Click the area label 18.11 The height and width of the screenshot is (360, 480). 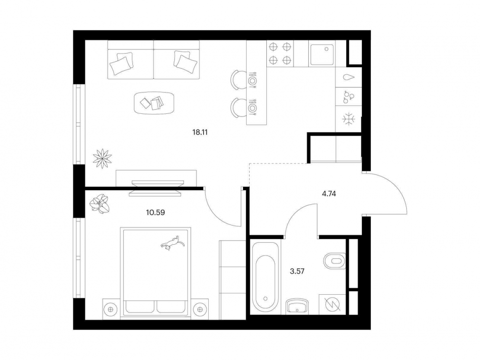pos(200,132)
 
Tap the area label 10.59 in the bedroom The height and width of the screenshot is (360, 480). pos(156,212)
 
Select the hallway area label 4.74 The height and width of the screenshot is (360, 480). pos(329,194)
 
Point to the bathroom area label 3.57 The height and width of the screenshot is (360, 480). pos(297,271)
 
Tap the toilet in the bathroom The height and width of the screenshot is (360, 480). pos(334,261)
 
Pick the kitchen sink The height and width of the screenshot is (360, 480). pos(322,54)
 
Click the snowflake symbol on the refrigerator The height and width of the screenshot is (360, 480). pos(348,119)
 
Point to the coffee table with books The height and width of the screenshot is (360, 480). pos(154,103)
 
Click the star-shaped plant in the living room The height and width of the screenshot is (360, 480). pos(102,158)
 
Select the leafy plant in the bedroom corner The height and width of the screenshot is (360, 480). pos(100,204)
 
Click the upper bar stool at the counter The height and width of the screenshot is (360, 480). pos(238,80)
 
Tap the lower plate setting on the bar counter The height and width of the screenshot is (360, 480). pos(252,108)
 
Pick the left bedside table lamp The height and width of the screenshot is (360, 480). pos(111,309)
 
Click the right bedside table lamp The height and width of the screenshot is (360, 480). pos(200,309)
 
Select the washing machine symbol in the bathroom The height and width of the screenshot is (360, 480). pos(332,304)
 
